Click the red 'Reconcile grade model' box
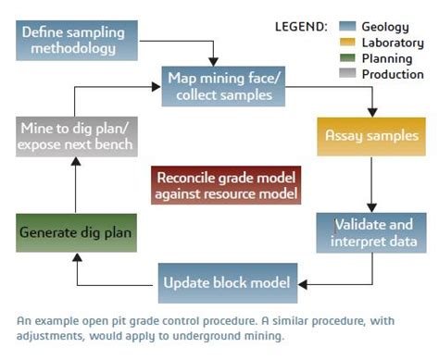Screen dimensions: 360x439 click(x=227, y=186)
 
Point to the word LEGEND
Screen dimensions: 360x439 click(x=301, y=26)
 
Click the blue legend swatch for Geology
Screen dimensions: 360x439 click(x=348, y=26)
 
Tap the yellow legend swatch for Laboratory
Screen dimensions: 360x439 click(x=348, y=42)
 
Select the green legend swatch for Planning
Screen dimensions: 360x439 click(x=348, y=57)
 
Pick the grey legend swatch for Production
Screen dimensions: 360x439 click(x=348, y=74)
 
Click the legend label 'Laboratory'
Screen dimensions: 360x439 click(x=393, y=42)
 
